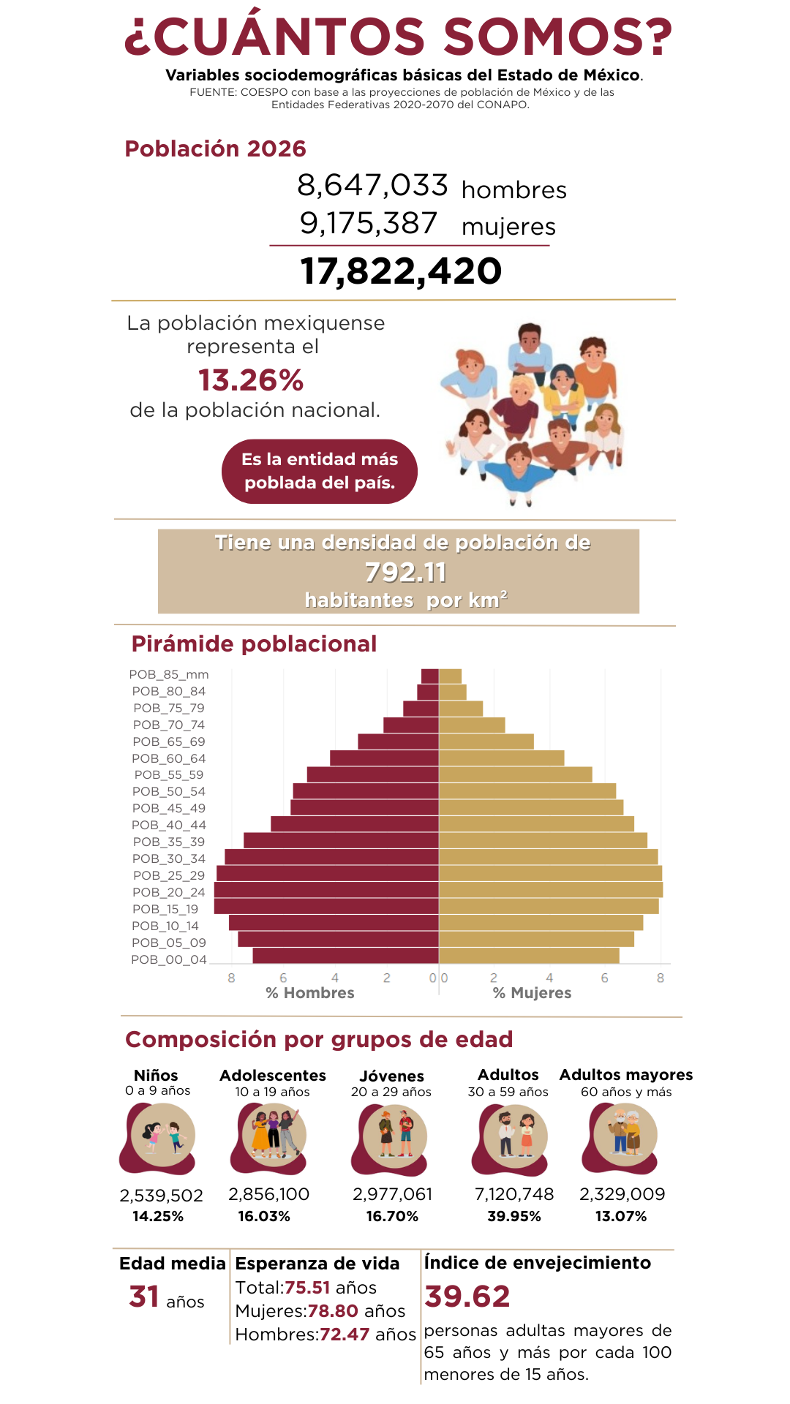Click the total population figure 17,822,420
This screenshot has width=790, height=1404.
point(401,271)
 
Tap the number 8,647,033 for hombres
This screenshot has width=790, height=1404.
point(372,186)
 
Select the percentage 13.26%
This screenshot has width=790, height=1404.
point(251,380)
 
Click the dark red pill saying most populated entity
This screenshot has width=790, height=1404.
point(320,471)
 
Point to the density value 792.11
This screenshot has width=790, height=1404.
point(405,573)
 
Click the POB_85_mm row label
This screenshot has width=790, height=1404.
point(169,674)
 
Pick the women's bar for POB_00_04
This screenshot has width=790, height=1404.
point(529,956)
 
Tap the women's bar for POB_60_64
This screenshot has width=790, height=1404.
point(501,758)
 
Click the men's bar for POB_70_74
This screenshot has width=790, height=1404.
point(411,725)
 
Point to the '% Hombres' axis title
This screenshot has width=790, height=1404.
point(310,993)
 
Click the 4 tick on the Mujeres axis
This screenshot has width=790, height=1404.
point(549,978)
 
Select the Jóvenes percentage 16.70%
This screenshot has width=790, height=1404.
point(392,1216)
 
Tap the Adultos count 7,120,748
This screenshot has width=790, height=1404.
point(514,1194)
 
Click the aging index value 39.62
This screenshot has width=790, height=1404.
point(467,1297)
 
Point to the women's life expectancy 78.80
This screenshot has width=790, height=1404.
point(332,1311)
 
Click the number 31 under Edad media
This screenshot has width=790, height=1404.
point(144,1297)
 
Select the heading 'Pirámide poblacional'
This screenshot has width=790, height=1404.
point(254,644)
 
